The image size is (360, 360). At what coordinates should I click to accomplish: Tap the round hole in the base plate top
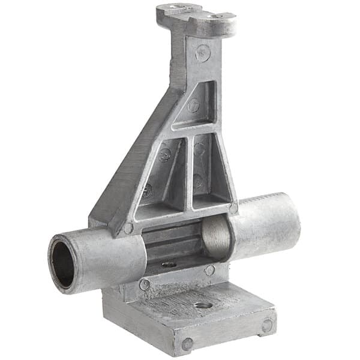(203, 305)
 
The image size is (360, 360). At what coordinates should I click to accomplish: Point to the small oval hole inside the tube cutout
(169, 263)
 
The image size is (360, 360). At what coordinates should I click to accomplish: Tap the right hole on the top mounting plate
(217, 16)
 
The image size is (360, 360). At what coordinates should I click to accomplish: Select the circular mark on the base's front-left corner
(187, 344)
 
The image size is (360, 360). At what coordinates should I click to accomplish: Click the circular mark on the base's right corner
(266, 326)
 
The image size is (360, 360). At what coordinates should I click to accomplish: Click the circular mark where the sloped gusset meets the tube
(128, 229)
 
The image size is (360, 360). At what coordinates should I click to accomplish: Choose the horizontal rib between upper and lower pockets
(192, 128)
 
